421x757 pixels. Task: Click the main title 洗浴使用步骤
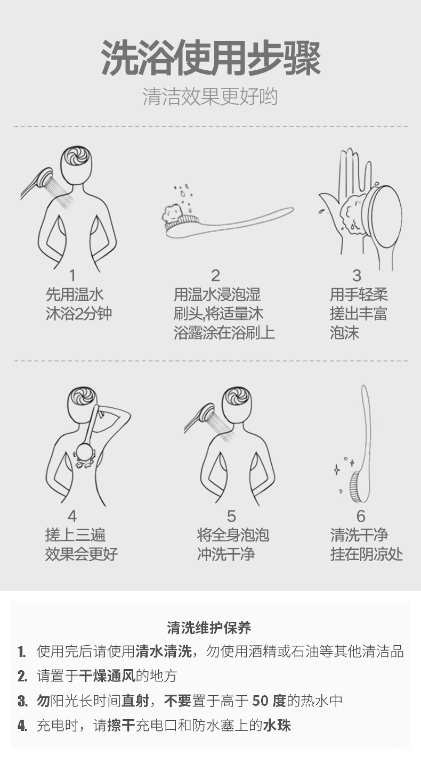[210, 59]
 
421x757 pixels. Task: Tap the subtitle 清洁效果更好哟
[210, 97]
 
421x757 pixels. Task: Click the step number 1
[72, 275]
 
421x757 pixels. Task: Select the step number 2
[215, 275]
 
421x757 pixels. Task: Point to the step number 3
[357, 275]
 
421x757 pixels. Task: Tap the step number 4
[72, 516]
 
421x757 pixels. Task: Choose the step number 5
[231, 516]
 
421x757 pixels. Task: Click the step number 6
[361, 516]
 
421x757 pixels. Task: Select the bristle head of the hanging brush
[358, 487]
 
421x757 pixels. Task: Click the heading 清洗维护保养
[209, 628]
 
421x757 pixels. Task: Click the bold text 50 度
[269, 701]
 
